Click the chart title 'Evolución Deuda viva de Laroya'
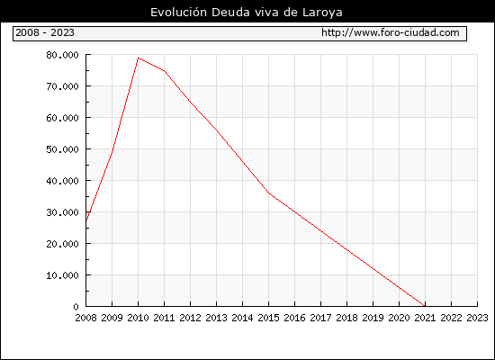coord(247,13)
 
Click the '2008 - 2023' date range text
coord(45,32)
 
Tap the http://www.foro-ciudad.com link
coord(391,32)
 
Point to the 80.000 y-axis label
coord(62,55)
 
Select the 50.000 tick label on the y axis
coord(62,149)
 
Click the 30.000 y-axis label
coord(62,212)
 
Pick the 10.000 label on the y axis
coord(62,275)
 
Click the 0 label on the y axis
coord(76,307)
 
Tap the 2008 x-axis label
coord(85,318)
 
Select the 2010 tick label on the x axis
coord(138,318)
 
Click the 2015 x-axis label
coord(269,318)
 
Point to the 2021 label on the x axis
coord(425,318)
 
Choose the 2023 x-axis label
coord(477,318)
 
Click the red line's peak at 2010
coord(139,58)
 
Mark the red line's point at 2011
coord(165,71)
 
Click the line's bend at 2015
coord(269,193)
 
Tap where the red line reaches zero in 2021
coord(425,306)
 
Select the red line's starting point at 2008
coord(86,220)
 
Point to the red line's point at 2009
coord(112,151)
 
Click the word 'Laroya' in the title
coord(322,13)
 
